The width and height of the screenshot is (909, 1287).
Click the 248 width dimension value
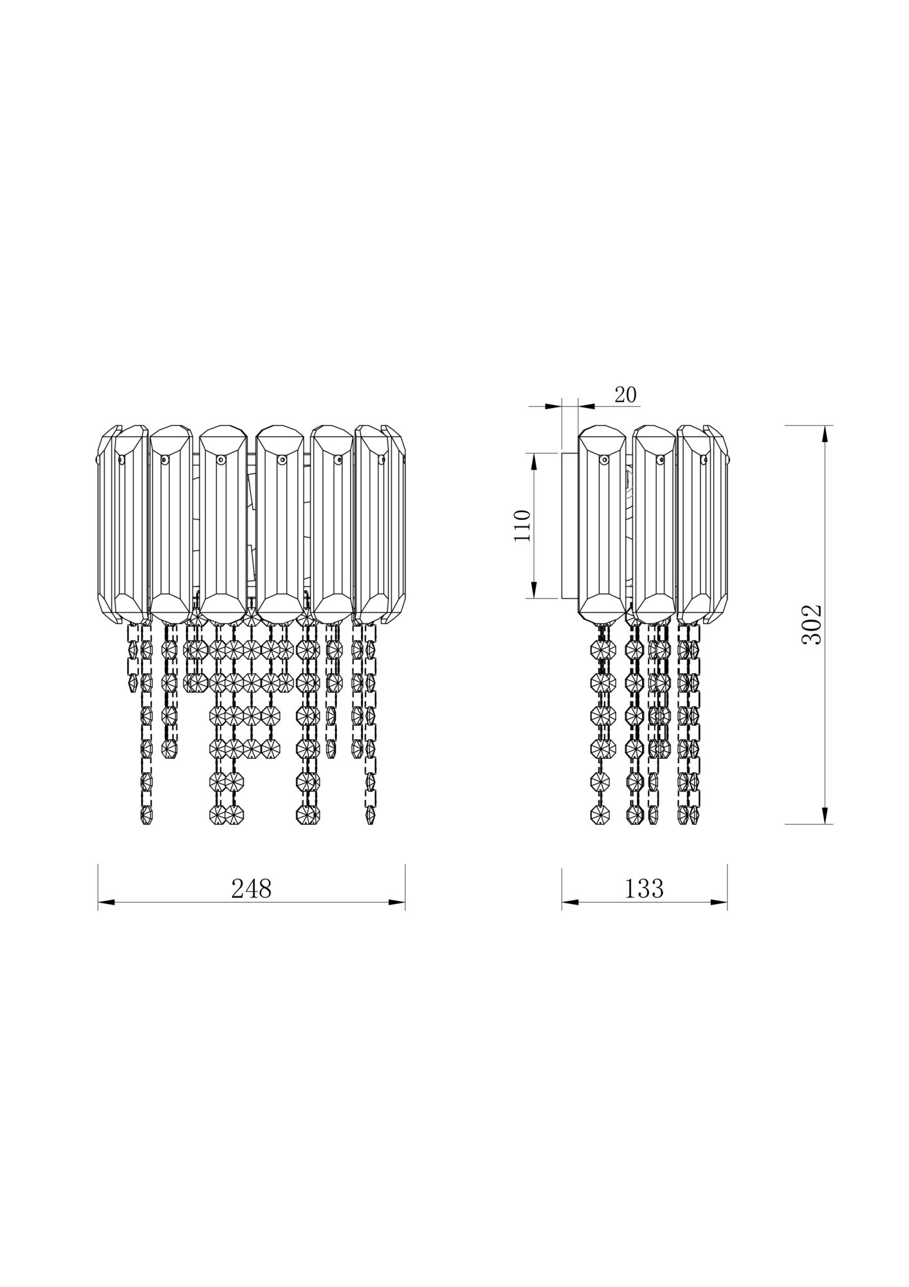[252, 889]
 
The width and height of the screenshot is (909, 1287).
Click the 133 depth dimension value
[644, 889]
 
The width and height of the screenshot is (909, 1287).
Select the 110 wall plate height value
[522, 525]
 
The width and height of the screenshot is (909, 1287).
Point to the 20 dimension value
[625, 394]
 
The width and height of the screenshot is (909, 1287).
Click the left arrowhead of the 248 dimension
[106, 902]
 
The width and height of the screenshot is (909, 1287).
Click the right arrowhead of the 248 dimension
[397, 902]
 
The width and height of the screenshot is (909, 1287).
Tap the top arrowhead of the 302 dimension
[825, 434]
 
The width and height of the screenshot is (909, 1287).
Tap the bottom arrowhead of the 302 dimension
[825, 816]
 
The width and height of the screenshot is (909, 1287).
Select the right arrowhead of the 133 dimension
[719, 902]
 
